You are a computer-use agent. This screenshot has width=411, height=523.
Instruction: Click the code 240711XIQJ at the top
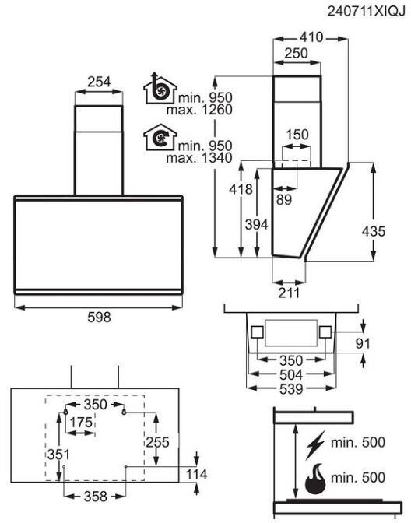[x=366, y=12]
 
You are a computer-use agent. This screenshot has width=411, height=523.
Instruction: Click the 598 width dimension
[x=99, y=317]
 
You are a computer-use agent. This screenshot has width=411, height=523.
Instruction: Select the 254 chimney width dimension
[x=99, y=82]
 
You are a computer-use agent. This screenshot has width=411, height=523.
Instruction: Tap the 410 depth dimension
[x=311, y=37]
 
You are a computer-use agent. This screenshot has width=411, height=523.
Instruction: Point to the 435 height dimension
[x=374, y=231]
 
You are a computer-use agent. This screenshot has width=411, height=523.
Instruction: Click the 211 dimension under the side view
[x=289, y=293]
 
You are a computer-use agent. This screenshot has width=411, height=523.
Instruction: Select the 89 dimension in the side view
[x=284, y=199]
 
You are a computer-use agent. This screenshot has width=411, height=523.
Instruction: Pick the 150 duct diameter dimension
[x=297, y=135]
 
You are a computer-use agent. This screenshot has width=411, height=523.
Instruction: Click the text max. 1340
[x=199, y=158]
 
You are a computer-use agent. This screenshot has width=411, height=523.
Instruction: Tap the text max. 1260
[x=199, y=110]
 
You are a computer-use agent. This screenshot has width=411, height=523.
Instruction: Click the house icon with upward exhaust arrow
[x=160, y=88]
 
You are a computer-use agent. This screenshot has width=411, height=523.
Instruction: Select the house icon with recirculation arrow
[x=160, y=137]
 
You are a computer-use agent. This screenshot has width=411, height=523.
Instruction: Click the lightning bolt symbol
[x=315, y=445]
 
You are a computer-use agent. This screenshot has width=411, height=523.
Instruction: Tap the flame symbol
[x=315, y=479]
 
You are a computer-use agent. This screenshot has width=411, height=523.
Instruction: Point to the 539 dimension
[x=291, y=389]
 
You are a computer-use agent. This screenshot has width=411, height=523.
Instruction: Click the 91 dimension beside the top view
[x=363, y=343]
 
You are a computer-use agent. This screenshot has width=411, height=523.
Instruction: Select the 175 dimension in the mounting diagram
[x=81, y=423]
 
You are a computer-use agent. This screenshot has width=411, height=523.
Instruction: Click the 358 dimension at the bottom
[x=96, y=497]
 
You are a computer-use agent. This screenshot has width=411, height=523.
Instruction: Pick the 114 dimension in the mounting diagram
[x=196, y=474]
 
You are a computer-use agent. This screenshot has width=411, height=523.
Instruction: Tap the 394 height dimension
[x=256, y=224]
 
